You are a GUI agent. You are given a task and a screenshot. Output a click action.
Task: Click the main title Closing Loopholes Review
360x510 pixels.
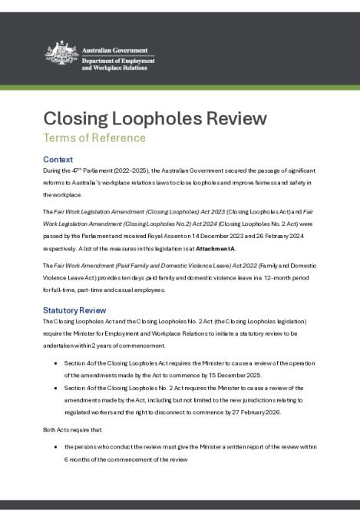pos(155,118)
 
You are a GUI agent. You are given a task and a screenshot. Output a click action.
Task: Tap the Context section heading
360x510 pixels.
pos(58,158)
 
